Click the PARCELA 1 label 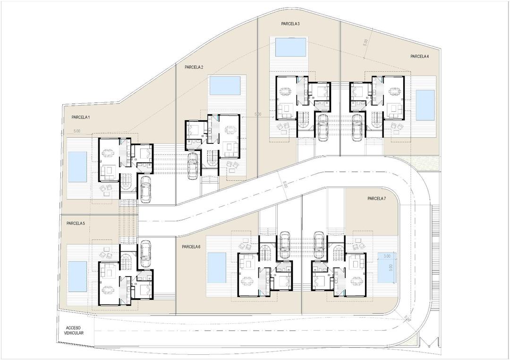(81, 117)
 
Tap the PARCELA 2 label (194, 67)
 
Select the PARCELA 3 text (290, 24)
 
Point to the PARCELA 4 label (419, 57)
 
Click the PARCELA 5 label (76, 223)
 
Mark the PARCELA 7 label (376, 199)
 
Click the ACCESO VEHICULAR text (74, 330)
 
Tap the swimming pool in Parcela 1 (77, 167)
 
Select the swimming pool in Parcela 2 (225, 85)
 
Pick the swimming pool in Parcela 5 (77, 276)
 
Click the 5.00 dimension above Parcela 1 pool (77, 131)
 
